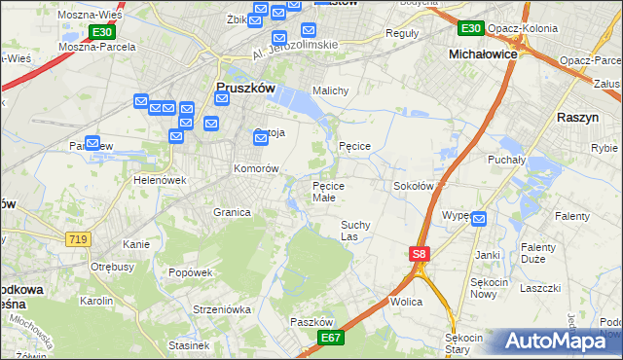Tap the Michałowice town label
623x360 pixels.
tap(482, 54)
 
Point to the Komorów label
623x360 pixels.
tap(256, 168)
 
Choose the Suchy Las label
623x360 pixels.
tap(355, 230)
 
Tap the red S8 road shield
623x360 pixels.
tap(419, 254)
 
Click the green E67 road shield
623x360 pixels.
tap(331, 337)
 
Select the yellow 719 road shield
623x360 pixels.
tap(79, 238)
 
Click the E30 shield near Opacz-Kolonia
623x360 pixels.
tap(471, 28)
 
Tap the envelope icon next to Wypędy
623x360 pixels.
tap(478, 220)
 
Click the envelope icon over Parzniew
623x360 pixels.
tap(92, 143)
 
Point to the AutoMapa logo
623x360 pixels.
tap(558, 342)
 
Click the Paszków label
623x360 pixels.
tap(311, 322)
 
